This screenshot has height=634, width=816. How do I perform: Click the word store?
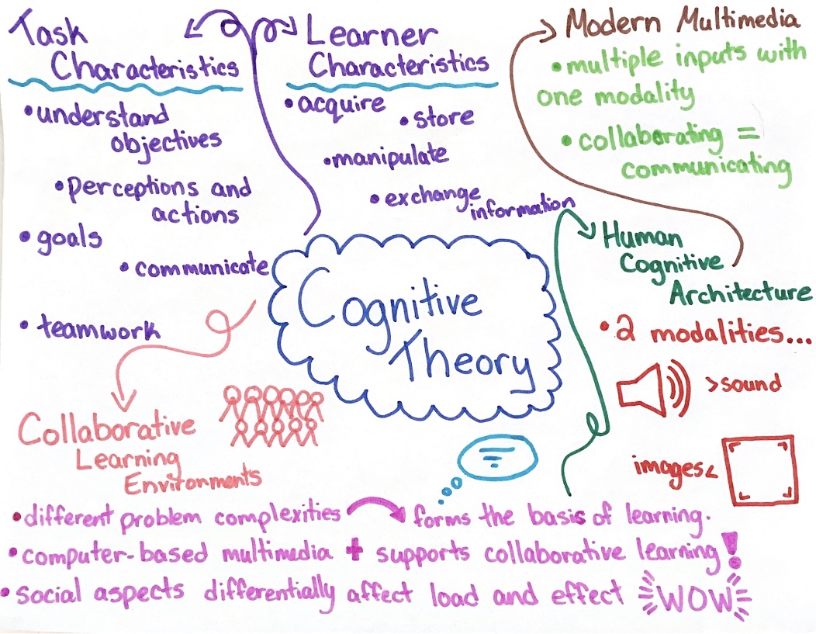442,119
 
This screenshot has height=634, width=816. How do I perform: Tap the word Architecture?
740,294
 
